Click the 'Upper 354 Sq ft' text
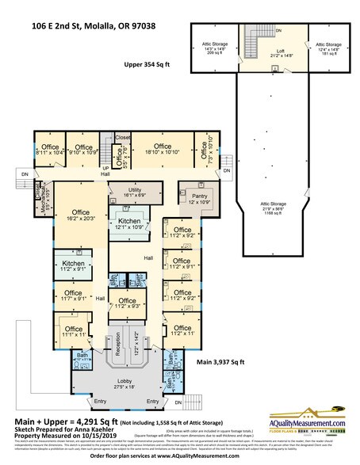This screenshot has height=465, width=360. (149, 66)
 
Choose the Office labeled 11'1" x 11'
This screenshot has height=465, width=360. (74, 330)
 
